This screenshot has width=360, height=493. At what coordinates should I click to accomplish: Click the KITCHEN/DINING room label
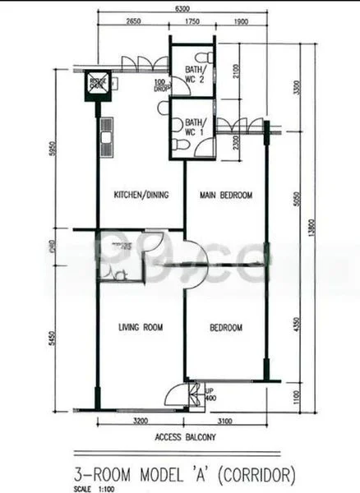(141, 195)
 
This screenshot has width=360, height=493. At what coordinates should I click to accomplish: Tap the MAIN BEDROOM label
(226, 195)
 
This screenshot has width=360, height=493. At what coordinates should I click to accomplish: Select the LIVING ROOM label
(140, 327)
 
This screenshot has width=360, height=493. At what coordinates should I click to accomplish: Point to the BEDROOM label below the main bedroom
(226, 327)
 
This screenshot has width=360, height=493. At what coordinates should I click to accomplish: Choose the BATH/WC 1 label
(195, 127)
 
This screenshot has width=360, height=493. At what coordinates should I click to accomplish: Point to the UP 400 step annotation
(210, 394)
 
